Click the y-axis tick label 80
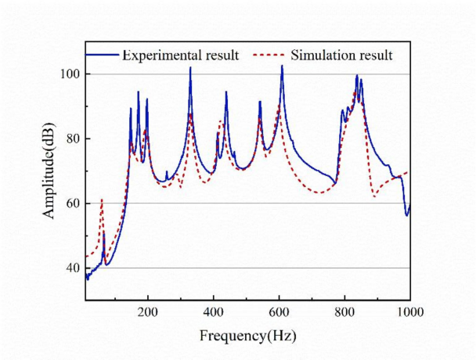coord(70,139)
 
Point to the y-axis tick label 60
coord(70,203)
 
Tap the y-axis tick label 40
coord(70,268)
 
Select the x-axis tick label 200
coord(148,311)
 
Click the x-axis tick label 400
coord(214,311)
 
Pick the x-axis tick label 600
coord(279,311)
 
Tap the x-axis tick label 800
coord(344,311)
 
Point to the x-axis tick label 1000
coord(409,311)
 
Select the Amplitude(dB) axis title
coord(49,170)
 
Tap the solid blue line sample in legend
coord(102,55)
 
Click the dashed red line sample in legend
coord(269,55)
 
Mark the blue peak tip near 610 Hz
coord(282,66)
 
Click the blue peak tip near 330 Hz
coord(190,67)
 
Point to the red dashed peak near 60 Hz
coord(102,200)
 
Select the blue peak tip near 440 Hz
coord(226,92)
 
